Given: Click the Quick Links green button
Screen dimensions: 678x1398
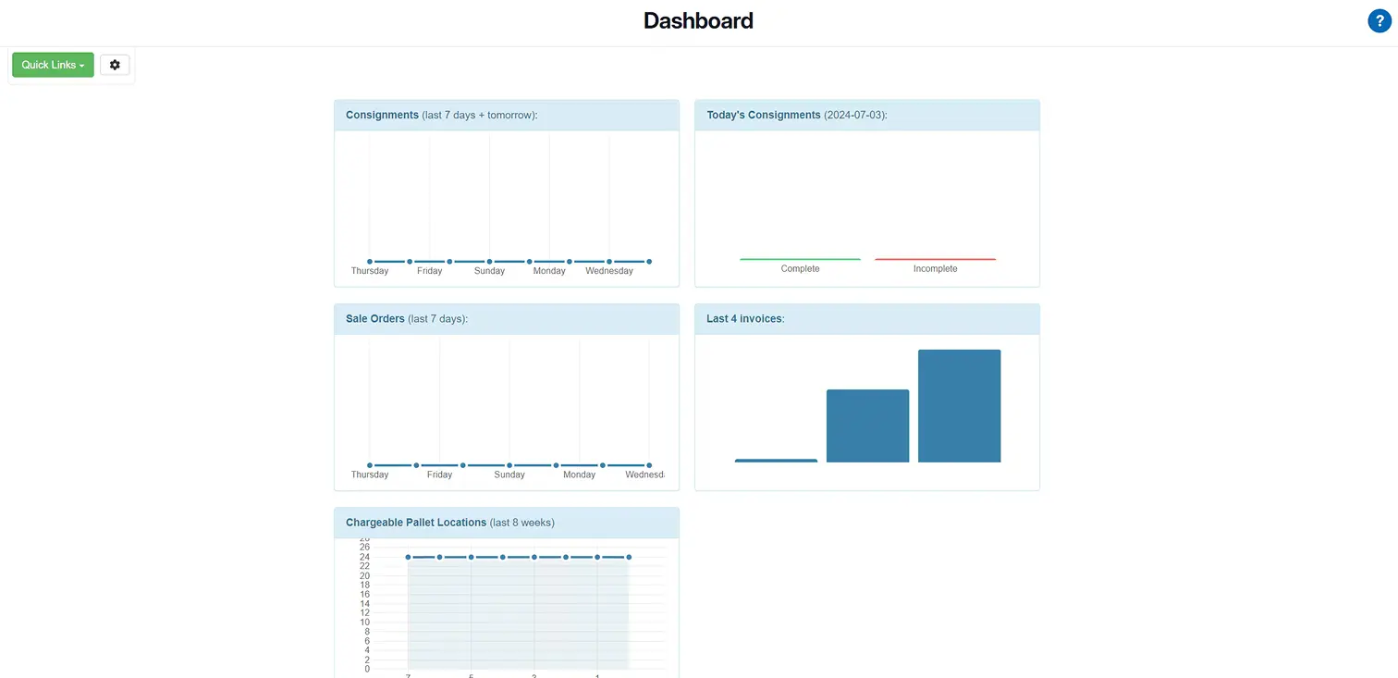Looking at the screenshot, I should point(53,65).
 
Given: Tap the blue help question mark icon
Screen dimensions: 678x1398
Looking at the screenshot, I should point(1379,21).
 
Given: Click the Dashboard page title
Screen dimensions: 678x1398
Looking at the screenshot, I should point(698,20).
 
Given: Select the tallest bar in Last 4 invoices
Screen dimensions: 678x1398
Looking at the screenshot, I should point(959,406).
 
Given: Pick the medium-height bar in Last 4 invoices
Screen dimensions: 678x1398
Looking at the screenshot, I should point(867,425).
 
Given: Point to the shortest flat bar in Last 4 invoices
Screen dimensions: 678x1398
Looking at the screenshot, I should point(776,461).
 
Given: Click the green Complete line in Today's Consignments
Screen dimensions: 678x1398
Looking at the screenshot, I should point(800,259).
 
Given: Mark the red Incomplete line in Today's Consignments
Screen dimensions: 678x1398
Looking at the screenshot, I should point(935,259).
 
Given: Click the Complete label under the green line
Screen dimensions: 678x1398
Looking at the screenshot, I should point(800,269).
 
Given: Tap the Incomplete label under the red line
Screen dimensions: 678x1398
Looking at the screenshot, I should point(935,269).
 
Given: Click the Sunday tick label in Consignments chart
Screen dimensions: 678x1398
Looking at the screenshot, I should point(489,271).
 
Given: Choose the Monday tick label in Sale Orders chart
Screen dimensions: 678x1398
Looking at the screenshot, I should point(579,475).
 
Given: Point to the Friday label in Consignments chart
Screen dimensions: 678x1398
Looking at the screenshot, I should point(429,271).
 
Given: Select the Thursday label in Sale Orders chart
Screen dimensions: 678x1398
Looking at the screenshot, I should point(369,475).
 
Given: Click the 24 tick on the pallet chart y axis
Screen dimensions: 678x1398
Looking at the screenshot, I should point(364,557).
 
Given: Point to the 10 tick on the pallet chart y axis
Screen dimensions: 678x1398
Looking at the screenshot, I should point(364,623).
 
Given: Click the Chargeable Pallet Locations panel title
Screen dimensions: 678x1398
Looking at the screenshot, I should point(415,523).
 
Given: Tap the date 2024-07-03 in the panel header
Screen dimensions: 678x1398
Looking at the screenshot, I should point(855,115).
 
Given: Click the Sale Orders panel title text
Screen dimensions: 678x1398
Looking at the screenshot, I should point(374,319).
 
